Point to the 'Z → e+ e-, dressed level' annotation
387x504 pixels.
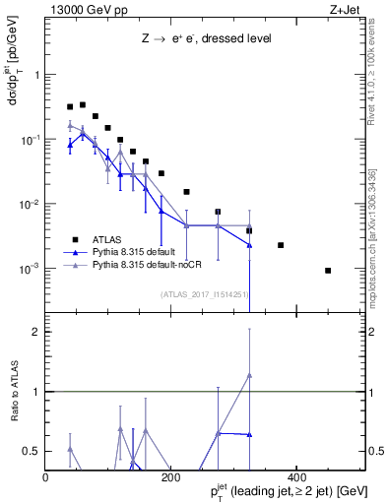tap(204, 38)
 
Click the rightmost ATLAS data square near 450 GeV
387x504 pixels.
tap(328, 270)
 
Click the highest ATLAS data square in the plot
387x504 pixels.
tap(83, 104)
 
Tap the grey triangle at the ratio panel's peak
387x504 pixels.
tap(249, 375)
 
